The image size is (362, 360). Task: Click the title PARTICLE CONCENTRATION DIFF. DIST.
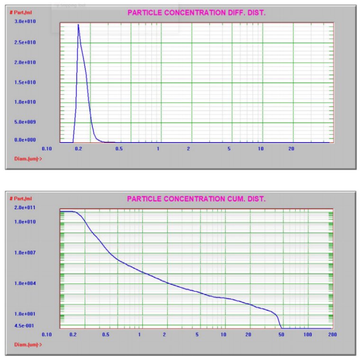[196, 13]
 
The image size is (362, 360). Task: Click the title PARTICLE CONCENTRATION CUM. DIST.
[196, 199]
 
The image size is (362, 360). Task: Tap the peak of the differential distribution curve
[78, 25]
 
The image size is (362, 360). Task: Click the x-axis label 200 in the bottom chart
[332, 334]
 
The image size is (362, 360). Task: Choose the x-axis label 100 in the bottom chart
[308, 334]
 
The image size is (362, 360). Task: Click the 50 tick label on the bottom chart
[281, 334]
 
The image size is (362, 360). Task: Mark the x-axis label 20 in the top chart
[292, 148]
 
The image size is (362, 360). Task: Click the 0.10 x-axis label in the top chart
[46, 148]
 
